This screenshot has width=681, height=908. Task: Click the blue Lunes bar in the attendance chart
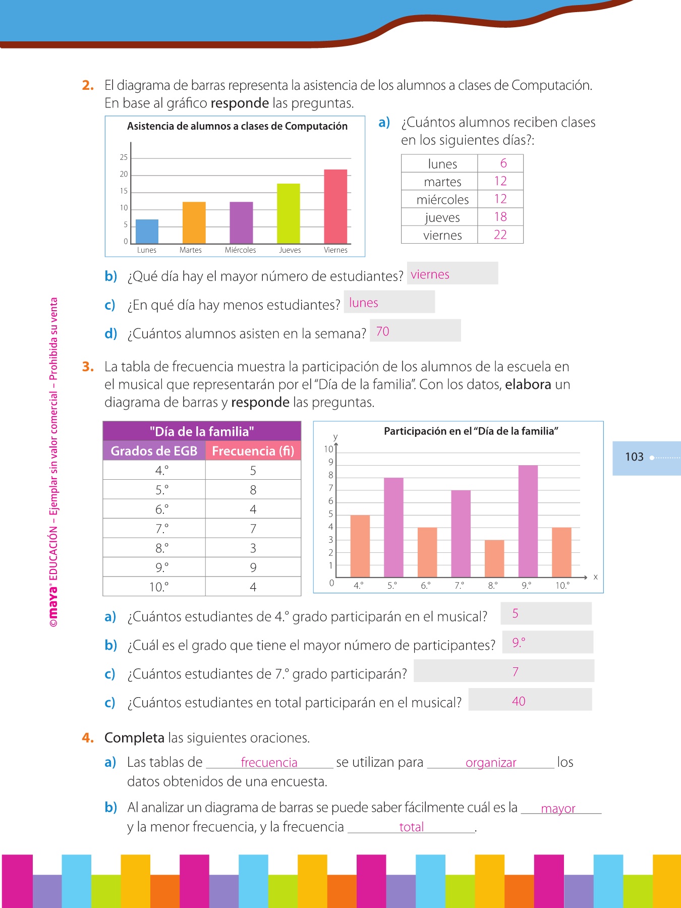(147, 232)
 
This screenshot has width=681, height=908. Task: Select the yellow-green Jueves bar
(288, 213)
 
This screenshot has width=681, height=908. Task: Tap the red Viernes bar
(335, 206)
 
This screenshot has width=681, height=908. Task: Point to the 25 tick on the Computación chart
(124, 157)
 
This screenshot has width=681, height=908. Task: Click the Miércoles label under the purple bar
(240, 250)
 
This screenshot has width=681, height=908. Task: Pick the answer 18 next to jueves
(500, 217)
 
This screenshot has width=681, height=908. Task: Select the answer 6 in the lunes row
(503, 163)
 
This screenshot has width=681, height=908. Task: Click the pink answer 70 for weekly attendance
(382, 331)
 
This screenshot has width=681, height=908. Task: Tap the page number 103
(634, 457)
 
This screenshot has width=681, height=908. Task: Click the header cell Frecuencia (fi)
(253, 450)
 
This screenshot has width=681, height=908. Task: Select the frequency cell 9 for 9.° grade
(253, 567)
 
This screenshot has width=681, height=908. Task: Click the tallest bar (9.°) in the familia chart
(528, 521)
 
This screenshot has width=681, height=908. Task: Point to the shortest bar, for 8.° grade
(494, 558)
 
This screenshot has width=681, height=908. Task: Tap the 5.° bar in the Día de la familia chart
(393, 527)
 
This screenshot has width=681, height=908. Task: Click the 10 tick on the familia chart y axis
(328, 449)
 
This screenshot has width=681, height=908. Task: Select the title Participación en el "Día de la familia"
(471, 431)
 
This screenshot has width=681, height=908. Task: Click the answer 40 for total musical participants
(519, 701)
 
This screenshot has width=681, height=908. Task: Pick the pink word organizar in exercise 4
(491, 763)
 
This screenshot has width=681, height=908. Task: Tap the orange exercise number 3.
(88, 367)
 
